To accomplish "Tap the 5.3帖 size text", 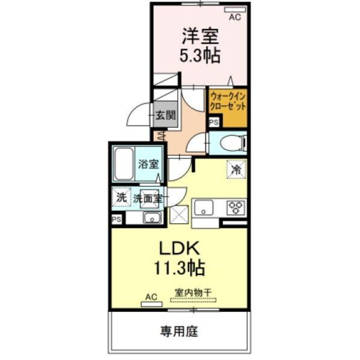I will click(200, 56).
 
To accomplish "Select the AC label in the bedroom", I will click(235, 17).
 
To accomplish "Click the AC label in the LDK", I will click(151, 297).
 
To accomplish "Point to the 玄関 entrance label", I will click(165, 115).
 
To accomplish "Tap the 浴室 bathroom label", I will click(148, 164).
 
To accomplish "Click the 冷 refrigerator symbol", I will click(236, 169).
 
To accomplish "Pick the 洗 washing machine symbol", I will click(121, 196).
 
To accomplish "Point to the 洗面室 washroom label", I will click(146, 197).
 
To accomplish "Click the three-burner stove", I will click(235, 208).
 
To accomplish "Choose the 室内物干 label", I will click(194, 293).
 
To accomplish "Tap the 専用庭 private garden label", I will click(178, 330).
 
